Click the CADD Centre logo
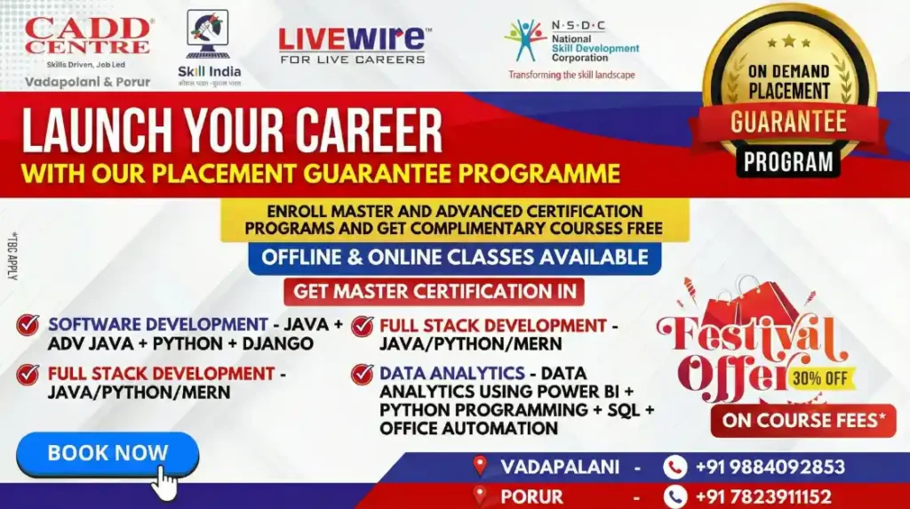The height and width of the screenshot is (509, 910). (x=87, y=36)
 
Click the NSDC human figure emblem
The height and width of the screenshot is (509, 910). (x=525, y=41)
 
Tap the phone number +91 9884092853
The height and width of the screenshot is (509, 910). (x=769, y=467)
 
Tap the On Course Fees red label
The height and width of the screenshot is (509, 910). (x=803, y=421)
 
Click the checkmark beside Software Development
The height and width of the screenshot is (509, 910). (x=28, y=326)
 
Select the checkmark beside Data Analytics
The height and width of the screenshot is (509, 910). (x=362, y=374)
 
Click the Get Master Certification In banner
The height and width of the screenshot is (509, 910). (x=434, y=291)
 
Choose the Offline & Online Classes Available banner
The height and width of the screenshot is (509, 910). (x=454, y=258)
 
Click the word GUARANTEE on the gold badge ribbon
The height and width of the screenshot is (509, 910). (x=788, y=122)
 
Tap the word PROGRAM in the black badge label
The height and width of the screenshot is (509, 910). (x=788, y=161)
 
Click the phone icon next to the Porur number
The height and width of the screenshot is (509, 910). (x=675, y=497)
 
